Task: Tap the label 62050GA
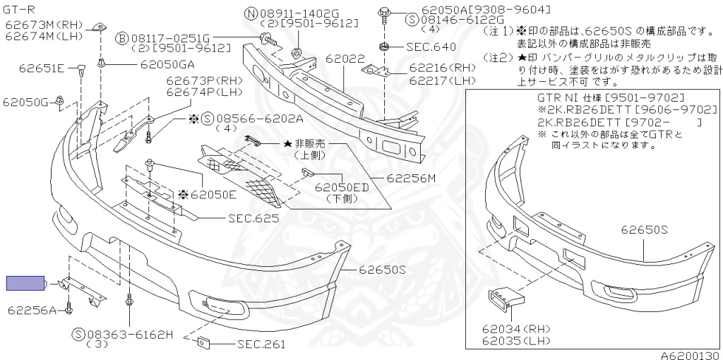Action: (x=168, y=64)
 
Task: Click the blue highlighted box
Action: (x=25, y=284)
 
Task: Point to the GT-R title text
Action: (x=18, y=8)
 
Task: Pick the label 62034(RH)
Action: (x=516, y=329)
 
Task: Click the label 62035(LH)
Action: (x=516, y=340)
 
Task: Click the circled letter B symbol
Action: (x=121, y=37)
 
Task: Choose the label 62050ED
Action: (x=342, y=188)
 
